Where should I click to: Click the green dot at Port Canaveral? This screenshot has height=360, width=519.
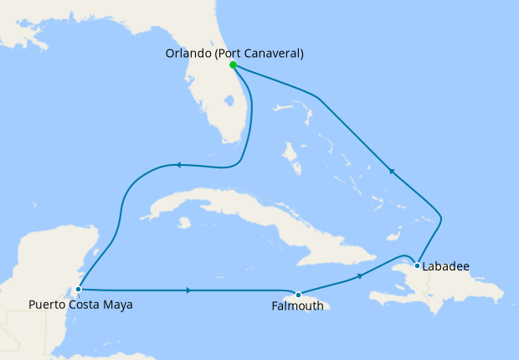coord(233,64)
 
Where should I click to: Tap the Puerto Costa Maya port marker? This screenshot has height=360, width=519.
coord(78,290)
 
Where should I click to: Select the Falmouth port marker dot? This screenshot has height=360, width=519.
coord(298,294)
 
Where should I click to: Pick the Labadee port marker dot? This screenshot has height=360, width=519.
coord(417,266)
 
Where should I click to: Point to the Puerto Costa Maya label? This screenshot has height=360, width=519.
coord(80,305)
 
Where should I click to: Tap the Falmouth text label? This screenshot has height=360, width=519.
coord(297,306)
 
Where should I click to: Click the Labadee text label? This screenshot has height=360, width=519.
coord(446,267)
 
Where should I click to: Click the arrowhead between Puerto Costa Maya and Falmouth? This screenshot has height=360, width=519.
coord(189,291)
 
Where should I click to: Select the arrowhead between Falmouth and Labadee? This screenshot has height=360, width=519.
coord(360,275)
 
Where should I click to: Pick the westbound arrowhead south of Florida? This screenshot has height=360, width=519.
coord(177,165)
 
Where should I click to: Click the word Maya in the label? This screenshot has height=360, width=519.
coord(118,305)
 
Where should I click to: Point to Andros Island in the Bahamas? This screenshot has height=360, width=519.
coord(290,155)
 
